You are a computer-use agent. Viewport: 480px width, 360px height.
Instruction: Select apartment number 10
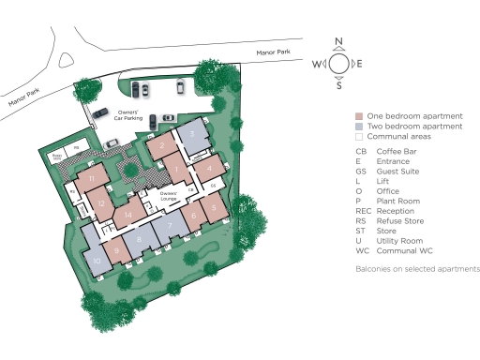pos(96,261)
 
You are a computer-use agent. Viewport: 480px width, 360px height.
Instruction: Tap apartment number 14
pos(129,215)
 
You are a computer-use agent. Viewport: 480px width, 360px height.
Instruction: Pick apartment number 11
pos(92,178)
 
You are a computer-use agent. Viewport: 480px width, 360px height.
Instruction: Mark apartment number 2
pos(162,145)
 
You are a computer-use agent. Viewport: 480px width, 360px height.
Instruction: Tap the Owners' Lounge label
pos(170,199)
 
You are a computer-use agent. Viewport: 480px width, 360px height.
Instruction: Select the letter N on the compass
pos(339,42)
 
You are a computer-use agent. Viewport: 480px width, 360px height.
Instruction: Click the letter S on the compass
pos(339,85)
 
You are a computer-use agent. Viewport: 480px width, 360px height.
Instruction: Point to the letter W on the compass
pos(317,64)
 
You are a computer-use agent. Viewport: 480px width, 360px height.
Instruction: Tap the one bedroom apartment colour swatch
pos(359,115)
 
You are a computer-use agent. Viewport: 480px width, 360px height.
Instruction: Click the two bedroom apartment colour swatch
pos(359,126)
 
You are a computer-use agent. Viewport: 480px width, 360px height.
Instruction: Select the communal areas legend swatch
pos(359,136)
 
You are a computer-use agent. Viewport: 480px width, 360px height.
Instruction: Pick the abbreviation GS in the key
pos(361,171)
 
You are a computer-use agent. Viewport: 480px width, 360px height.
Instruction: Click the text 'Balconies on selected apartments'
pos(417,269)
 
